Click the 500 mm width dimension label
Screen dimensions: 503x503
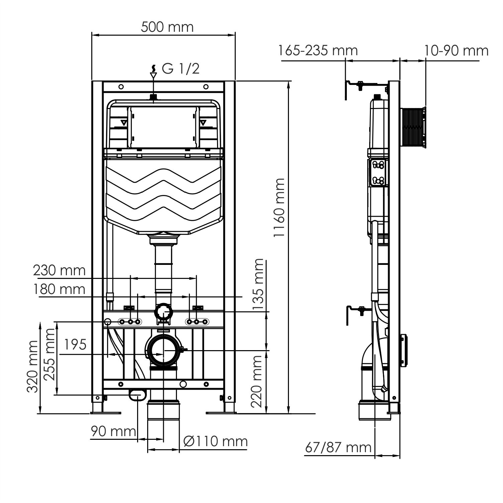point(167,27)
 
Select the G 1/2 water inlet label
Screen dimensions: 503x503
point(181,69)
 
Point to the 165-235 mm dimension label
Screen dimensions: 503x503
point(318,51)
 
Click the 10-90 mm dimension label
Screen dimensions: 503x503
point(456,51)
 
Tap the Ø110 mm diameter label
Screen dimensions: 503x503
point(215,441)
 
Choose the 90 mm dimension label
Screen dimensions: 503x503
point(113,431)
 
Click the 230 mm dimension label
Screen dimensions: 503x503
point(59,270)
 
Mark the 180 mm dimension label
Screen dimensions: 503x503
point(59,289)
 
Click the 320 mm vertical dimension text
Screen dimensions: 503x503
point(33,367)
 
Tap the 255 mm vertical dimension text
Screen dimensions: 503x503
point(50,355)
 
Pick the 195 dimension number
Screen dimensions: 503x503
point(75,344)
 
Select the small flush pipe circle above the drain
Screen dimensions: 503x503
point(163,311)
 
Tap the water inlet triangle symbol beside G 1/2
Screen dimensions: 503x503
point(153,75)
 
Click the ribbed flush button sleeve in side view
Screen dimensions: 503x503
point(412,127)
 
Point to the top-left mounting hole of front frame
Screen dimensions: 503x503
point(121,87)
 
